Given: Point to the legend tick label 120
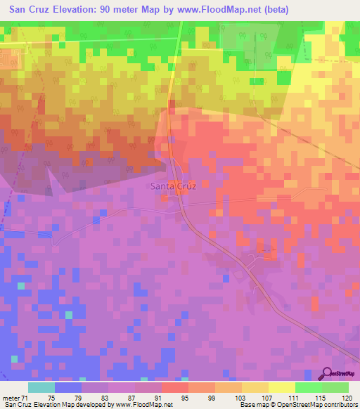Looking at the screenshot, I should click(348, 397).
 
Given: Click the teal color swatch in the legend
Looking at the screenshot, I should click(41, 387).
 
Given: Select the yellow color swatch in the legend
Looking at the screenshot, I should click(282, 387).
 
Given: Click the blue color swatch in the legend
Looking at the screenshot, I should click(68, 387).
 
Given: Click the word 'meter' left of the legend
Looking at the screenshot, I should click(13, 397).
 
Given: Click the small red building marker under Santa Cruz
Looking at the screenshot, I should click(167, 199).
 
